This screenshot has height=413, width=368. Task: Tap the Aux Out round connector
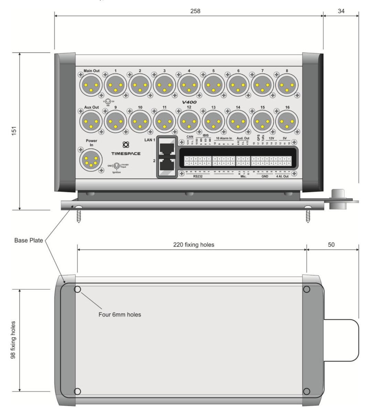(91, 121)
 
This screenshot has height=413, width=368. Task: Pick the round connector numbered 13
(213, 121)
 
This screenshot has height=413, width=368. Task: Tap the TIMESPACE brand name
(126, 153)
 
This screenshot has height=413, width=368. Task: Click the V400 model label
(189, 103)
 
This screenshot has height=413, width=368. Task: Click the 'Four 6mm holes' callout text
(120, 314)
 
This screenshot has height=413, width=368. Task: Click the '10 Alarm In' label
(224, 138)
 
